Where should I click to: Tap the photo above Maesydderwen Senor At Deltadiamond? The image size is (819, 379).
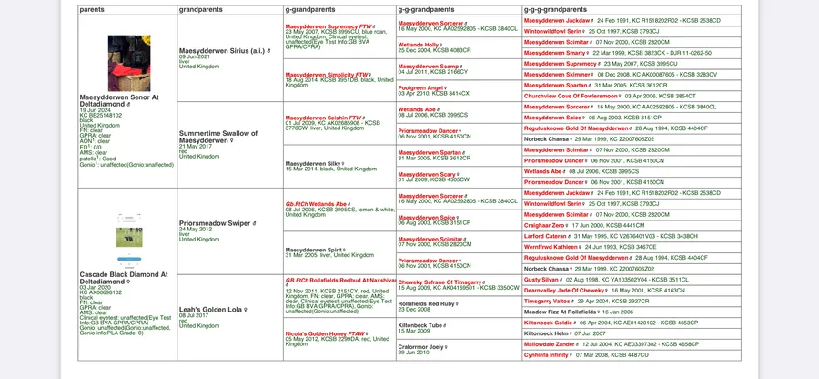point(128,64)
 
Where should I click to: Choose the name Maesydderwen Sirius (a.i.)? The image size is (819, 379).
point(217,51)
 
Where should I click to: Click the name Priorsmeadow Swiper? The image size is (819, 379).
point(216,222)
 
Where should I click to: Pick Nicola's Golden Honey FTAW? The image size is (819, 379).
point(326,334)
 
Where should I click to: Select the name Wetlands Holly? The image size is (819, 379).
point(420,44)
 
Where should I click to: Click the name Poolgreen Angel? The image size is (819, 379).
point(421,87)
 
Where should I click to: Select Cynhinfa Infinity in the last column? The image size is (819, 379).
point(554,354)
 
